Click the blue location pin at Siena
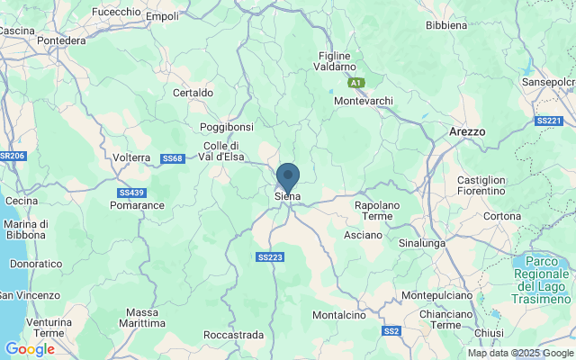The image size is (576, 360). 288,176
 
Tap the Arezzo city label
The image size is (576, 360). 467,131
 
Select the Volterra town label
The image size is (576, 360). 131,157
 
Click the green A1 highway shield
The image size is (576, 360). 357,83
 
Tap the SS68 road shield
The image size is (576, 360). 173,159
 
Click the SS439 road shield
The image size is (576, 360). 131,193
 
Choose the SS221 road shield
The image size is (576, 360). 548,121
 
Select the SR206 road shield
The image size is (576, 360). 12,156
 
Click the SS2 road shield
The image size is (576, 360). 391,331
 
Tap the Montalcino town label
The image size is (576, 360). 338,315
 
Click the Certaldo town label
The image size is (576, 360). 193,93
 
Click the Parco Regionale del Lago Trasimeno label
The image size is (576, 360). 542,279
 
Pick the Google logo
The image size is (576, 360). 30,349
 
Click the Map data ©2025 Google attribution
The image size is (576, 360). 520,353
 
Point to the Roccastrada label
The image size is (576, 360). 234,335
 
